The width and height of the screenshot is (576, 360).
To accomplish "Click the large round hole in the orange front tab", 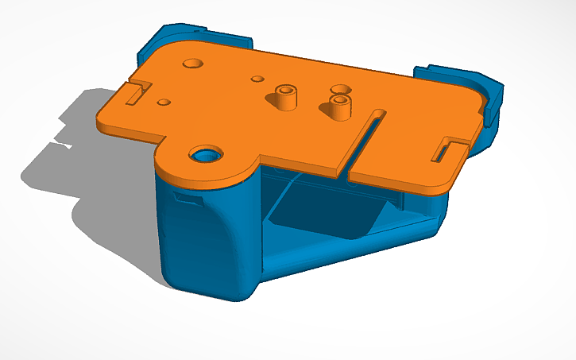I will pyautogui.click(x=206, y=153).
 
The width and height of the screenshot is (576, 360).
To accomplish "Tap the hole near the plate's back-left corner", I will pyautogui.click(x=192, y=62).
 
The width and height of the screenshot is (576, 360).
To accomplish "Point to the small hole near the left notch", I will pyautogui.click(x=163, y=103).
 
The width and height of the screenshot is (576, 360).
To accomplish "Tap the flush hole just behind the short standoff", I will pyautogui.click(x=340, y=89).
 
